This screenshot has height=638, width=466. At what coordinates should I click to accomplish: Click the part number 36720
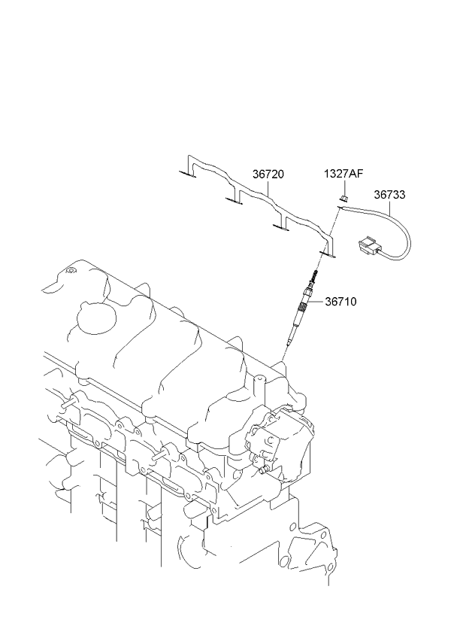pyautogui.click(x=268, y=174)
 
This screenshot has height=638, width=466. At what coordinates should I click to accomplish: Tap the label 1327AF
pyautogui.click(x=343, y=174)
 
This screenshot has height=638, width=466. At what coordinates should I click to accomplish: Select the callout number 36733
pyautogui.click(x=390, y=194)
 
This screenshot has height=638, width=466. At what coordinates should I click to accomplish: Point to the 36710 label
pyautogui.click(x=340, y=302)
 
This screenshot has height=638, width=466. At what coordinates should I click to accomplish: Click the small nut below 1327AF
pyautogui.click(x=343, y=198)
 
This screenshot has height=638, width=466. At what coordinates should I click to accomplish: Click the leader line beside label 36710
pyautogui.click(x=316, y=304)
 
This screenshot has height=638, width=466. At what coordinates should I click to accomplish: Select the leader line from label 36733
pyautogui.click(x=391, y=205)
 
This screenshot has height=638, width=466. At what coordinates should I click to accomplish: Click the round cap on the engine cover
pyautogui.click(x=92, y=319)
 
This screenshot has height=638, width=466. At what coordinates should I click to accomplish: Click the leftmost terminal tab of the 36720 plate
pyautogui.click(x=187, y=175)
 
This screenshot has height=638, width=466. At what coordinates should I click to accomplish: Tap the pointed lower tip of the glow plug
pyautogui.click(x=286, y=347)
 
